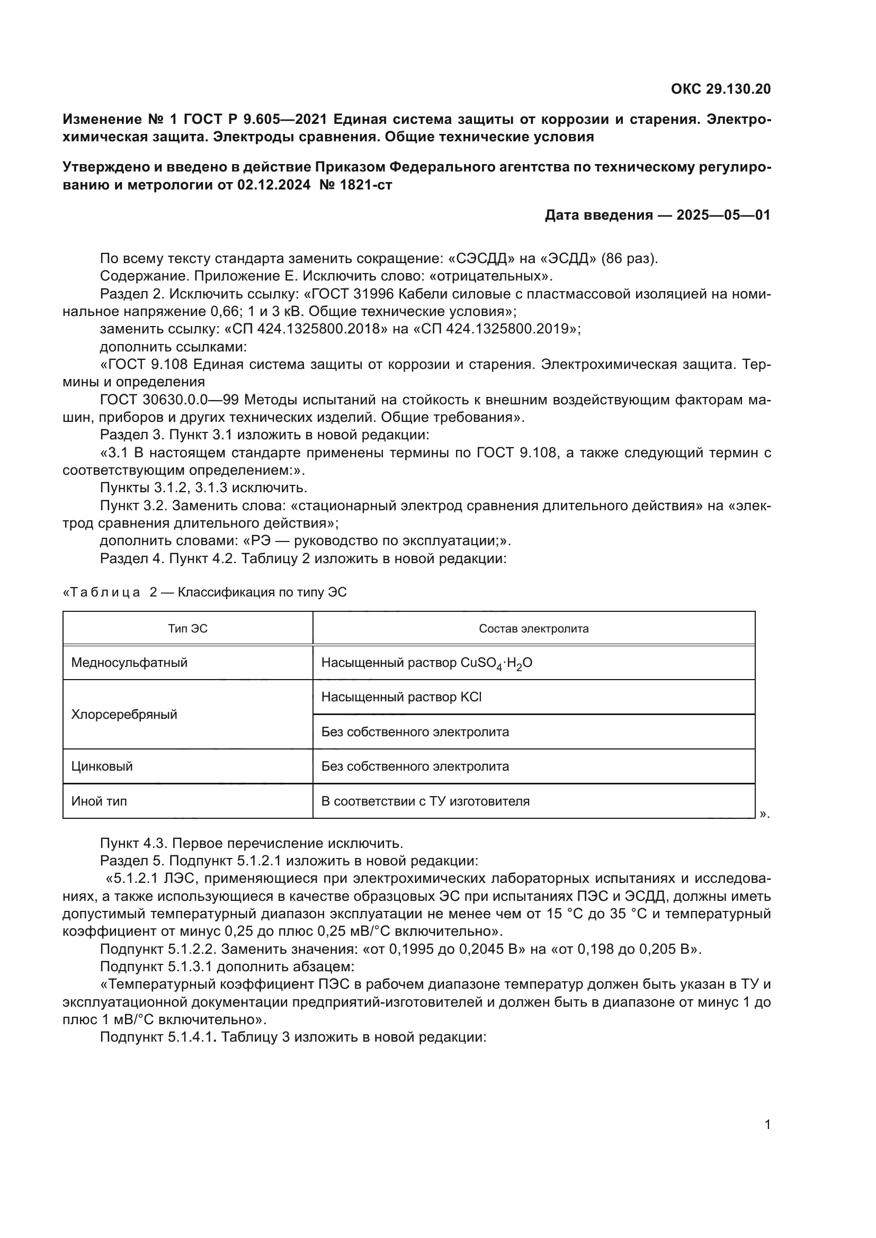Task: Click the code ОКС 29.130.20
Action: pyautogui.click(x=721, y=89)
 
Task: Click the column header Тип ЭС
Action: pyautogui.click(x=187, y=629)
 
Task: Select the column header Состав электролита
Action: pyautogui.click(x=533, y=629)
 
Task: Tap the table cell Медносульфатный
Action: pyautogui.click(x=129, y=663)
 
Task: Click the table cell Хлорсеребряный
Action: pyautogui.click(x=124, y=715)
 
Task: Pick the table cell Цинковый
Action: pyautogui.click(x=102, y=766)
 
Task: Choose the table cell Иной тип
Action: pyautogui.click(x=99, y=801)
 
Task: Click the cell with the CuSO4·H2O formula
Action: pyautogui.click(x=427, y=663)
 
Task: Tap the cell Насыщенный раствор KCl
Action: pyautogui.click(x=401, y=697)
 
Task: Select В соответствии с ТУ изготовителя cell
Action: pyautogui.click(x=425, y=801)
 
